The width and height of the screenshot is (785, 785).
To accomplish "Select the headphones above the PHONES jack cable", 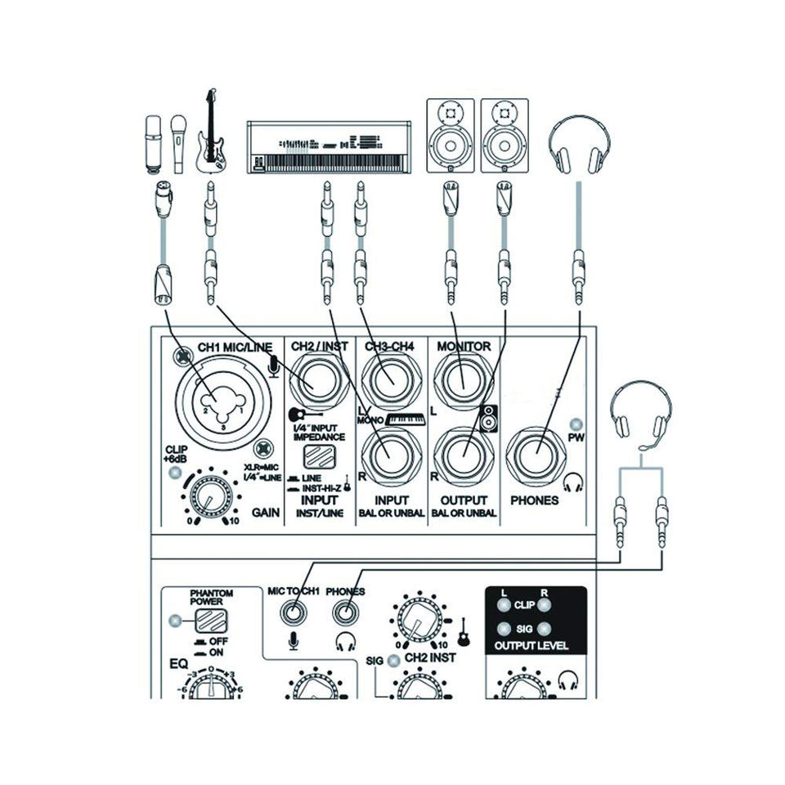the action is click(580, 143).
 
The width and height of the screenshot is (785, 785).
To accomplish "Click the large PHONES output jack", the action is click(539, 452).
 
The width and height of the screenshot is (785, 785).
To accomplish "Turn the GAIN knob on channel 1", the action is click(210, 498).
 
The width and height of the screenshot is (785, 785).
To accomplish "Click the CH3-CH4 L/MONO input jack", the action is click(388, 381).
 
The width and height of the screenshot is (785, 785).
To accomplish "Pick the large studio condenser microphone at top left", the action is click(153, 143).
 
